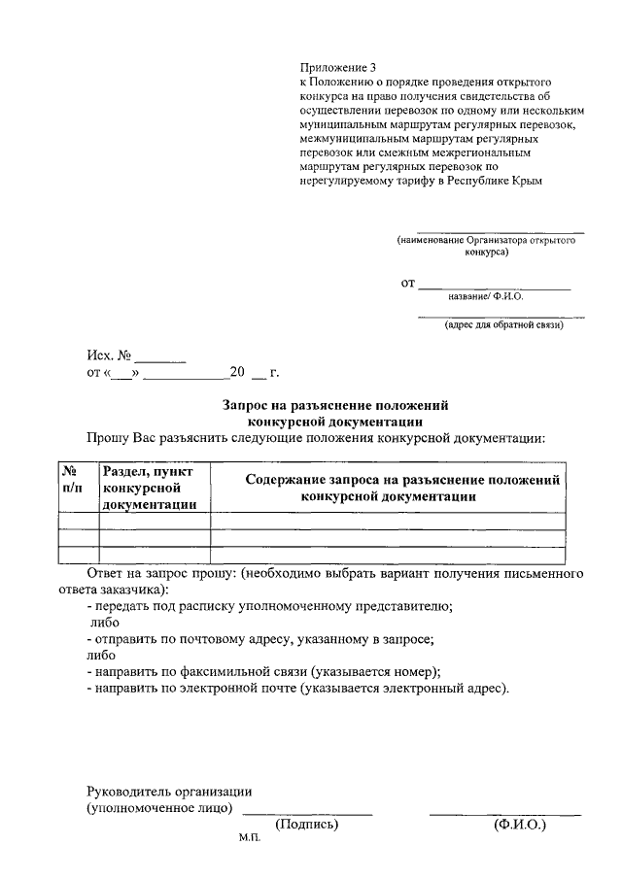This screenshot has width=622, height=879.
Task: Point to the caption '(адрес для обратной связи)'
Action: pyautogui.click(x=503, y=325)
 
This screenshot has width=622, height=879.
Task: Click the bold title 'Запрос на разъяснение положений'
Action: pyautogui.click(x=335, y=405)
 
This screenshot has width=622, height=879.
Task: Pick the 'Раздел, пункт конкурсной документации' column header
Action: pyautogui.click(x=154, y=487)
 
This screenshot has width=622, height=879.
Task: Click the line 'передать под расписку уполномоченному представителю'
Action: pyautogui.click(x=269, y=606)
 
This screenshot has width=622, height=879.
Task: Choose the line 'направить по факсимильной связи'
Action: pyautogui.click(x=263, y=672)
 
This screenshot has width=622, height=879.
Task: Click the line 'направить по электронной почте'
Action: pyautogui.click(x=296, y=689)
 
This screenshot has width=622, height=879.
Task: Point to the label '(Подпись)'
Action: pyautogui.click(x=307, y=825)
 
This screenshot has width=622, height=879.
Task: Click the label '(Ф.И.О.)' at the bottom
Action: pyautogui.click(x=519, y=825)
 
